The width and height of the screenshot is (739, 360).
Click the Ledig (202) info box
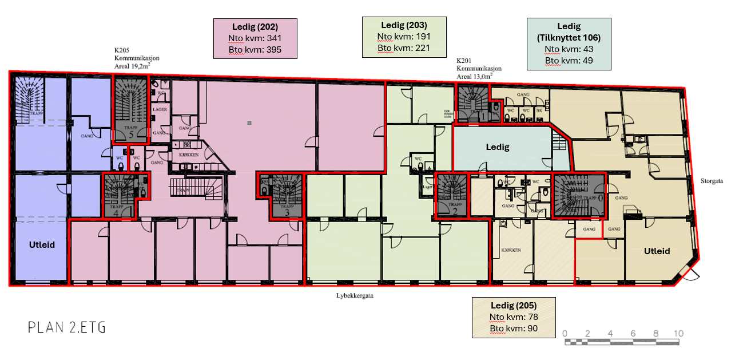255,38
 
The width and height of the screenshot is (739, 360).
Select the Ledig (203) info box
404,37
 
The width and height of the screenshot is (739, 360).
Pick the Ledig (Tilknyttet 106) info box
569,44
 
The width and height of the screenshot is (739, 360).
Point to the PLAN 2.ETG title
67,327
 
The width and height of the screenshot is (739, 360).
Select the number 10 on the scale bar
678,334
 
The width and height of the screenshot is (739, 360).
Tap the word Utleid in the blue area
42,244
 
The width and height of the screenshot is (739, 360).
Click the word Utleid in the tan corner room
656,251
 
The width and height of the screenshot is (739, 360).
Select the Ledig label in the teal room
497,147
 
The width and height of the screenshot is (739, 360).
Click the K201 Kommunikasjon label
475,68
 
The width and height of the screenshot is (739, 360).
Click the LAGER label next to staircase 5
160,109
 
